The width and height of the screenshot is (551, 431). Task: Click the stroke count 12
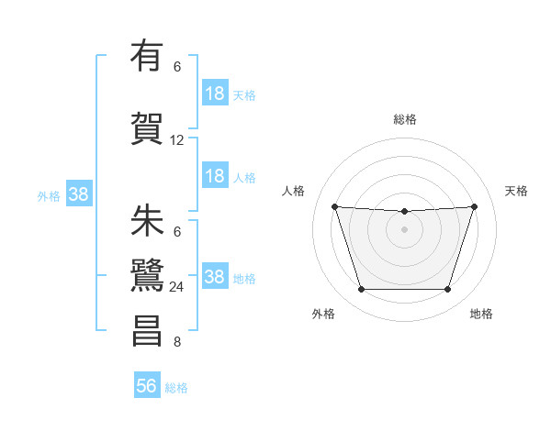177,140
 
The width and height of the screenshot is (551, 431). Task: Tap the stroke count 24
177,287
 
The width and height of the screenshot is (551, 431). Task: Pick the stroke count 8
177,343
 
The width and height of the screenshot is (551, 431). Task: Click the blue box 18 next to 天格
215,93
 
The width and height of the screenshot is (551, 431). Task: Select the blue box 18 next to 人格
215,176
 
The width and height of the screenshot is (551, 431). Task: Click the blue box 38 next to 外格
78,193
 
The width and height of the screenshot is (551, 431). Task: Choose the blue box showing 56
147,386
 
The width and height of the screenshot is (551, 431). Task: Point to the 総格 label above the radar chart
405,119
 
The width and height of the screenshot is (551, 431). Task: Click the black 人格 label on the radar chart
294,191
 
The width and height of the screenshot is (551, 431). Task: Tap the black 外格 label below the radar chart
323,314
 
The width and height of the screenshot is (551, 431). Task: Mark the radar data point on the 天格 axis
475,206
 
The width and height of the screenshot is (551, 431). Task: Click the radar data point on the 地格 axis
448,290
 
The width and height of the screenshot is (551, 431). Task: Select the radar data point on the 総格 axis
405,212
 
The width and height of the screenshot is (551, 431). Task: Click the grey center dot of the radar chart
405,229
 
